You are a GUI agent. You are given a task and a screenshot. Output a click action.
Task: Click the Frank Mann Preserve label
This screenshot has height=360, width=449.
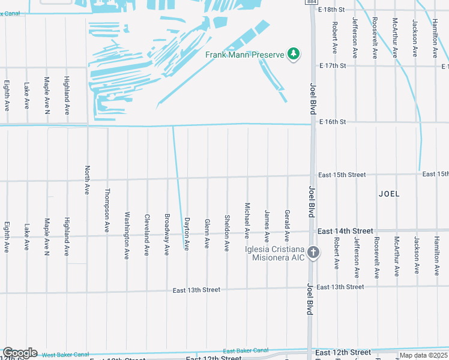[244, 55]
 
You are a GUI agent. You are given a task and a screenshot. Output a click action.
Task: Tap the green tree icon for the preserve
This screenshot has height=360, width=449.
[294, 55]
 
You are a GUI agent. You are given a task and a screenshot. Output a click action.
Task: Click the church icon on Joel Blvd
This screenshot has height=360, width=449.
[313, 253]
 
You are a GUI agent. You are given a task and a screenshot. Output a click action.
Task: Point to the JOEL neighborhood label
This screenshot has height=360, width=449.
[389, 194]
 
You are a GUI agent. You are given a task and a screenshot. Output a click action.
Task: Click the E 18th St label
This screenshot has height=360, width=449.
[332, 10]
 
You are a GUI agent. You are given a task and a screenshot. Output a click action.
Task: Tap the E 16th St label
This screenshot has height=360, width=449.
[333, 122]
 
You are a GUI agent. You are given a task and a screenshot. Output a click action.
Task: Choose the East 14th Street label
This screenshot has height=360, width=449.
[345, 231]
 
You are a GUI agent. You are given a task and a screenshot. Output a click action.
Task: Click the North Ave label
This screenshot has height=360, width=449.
[88, 180]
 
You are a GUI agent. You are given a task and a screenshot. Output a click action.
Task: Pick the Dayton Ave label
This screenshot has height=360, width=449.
[187, 233]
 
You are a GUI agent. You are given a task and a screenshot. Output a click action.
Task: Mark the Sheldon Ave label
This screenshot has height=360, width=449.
[227, 233]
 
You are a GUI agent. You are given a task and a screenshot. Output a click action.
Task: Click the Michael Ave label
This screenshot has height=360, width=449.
[247, 220]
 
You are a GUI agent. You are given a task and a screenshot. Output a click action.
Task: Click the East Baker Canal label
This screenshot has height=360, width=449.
[246, 350]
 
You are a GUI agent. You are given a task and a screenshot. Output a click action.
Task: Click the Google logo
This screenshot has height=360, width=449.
[20, 353]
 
